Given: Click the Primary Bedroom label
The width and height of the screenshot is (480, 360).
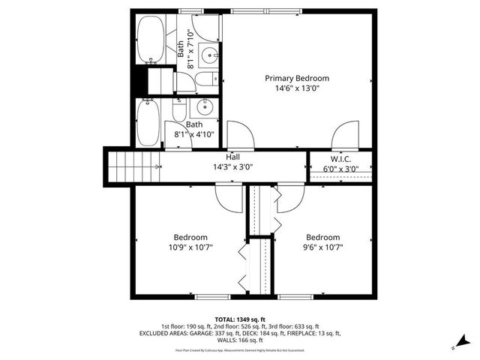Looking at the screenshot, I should pos(297,78).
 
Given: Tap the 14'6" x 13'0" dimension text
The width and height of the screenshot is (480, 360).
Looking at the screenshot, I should pos(297,88).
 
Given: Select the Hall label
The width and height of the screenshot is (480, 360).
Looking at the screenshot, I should pos(234,157).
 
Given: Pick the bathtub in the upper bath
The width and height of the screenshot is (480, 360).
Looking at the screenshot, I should pos(151,40).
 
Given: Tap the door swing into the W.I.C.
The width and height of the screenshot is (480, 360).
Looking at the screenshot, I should pos(343,135).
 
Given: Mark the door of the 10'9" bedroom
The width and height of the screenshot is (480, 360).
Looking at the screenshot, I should pos(227,197).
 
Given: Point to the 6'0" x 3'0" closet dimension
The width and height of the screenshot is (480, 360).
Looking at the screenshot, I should pos(340,169).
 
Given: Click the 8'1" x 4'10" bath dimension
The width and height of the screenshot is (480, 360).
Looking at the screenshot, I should pos(194,134).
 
